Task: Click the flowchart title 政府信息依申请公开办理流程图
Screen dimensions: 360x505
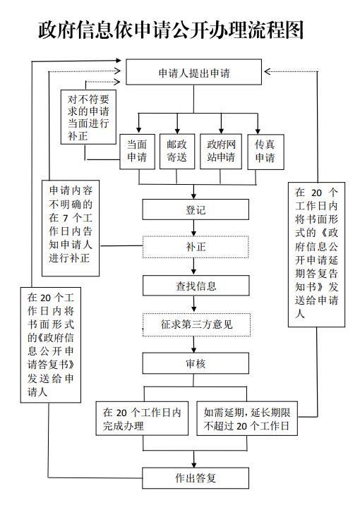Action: point(171,30)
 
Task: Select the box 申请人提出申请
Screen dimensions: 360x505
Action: point(193,72)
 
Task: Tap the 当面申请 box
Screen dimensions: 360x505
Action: point(137,152)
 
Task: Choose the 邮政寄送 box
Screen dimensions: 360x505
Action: point(177,152)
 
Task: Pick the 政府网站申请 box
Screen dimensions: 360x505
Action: point(221,152)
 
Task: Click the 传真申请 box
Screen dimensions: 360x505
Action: point(265,152)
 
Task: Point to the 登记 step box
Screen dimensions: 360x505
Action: point(196,209)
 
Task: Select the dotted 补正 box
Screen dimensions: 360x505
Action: point(196,247)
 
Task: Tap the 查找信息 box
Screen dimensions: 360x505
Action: point(196,286)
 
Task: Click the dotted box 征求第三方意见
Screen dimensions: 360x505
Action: point(197,324)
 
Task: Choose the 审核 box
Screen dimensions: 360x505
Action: point(196,363)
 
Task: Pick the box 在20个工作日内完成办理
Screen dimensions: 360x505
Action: point(142,419)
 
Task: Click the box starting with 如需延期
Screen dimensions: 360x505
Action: point(247,419)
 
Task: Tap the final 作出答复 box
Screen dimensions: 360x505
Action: point(196,478)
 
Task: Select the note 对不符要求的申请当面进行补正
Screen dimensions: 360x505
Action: point(88,117)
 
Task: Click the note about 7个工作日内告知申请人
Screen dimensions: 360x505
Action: point(71,228)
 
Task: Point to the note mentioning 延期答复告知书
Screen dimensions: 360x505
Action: point(316,255)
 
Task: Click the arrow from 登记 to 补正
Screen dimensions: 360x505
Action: point(193,228)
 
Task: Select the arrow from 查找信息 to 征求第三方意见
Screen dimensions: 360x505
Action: point(194,304)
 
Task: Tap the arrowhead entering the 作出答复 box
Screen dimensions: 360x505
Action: point(193,465)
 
